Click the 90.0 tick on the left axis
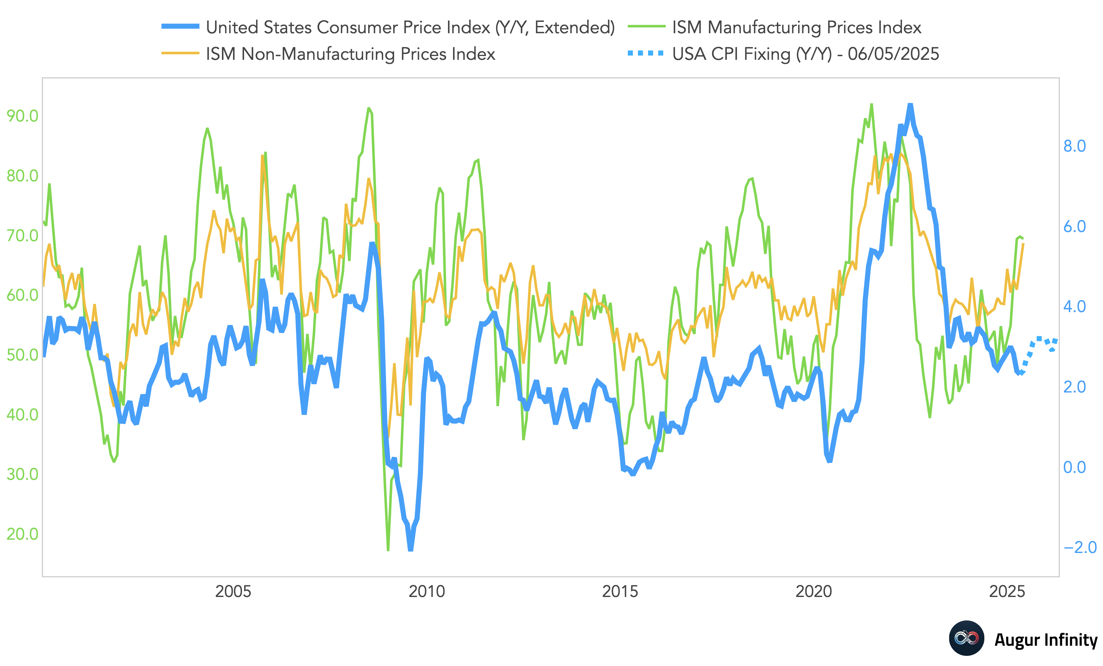click(x=22, y=116)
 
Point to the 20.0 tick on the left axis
click(x=22, y=534)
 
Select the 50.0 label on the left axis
click(x=22, y=355)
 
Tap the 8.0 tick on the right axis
click(x=1075, y=146)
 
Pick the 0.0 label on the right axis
click(x=1075, y=467)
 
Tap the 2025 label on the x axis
click(x=1007, y=591)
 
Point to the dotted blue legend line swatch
click(x=646, y=53)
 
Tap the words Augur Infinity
click(x=1045, y=640)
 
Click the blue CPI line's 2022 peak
click(x=910, y=105)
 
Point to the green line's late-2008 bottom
click(x=388, y=550)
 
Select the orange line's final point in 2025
click(x=1023, y=243)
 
